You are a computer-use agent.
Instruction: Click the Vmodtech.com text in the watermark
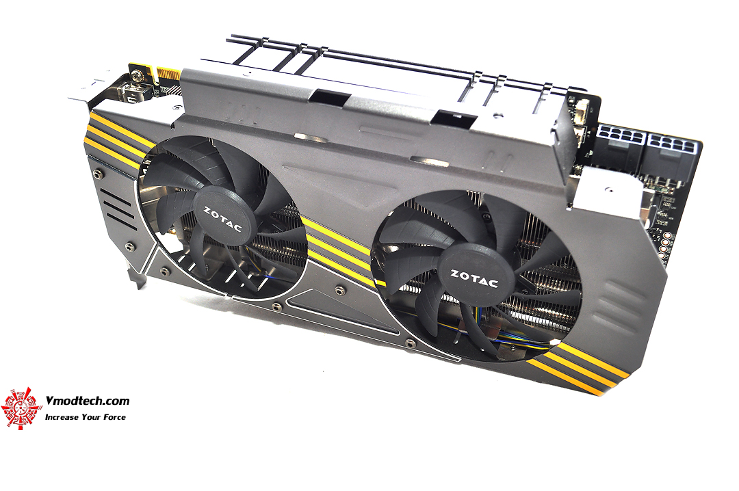(87, 401)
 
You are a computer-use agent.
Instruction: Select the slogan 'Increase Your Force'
(85, 416)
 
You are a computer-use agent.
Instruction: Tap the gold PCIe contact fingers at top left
(168, 75)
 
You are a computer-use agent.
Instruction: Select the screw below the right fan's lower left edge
(409, 343)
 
